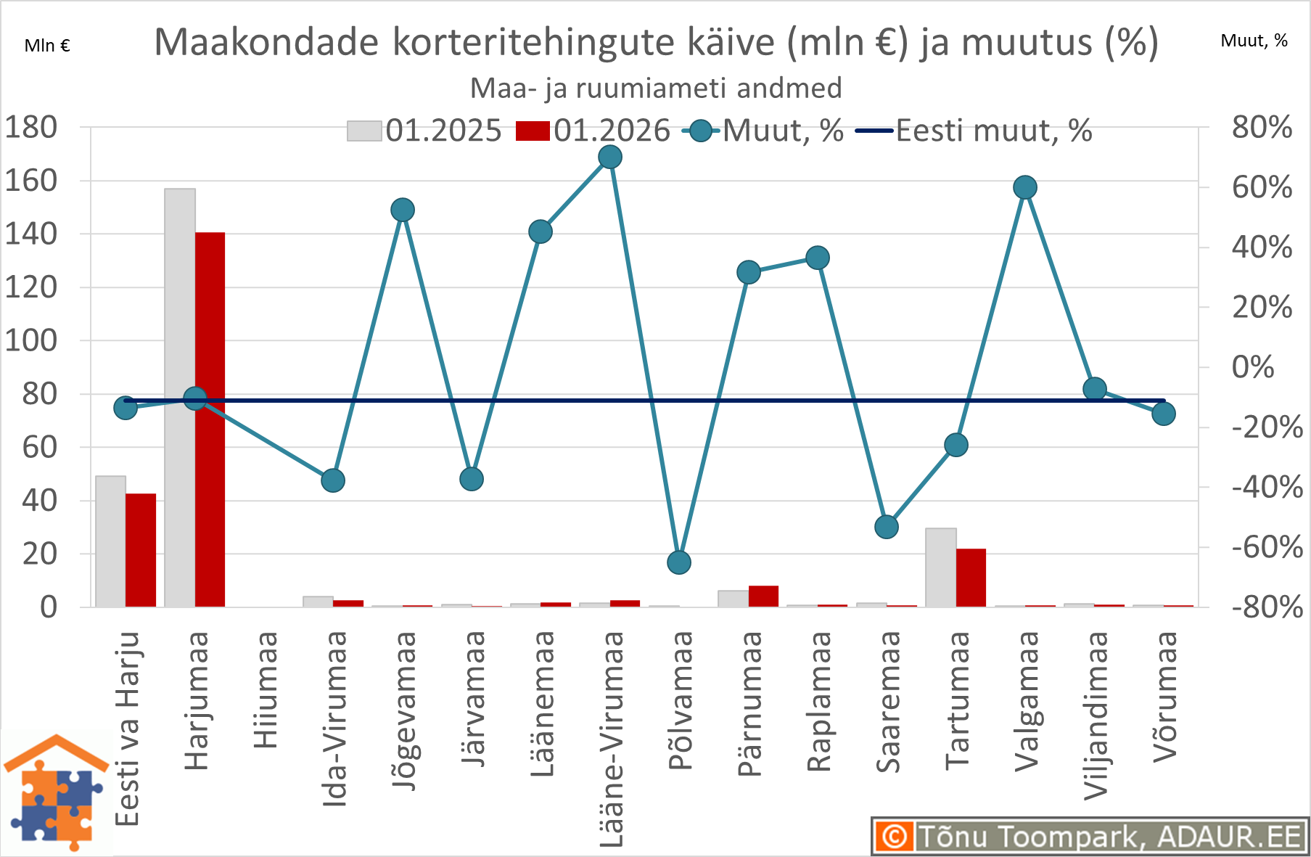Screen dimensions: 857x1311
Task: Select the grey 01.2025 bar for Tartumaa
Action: point(940,567)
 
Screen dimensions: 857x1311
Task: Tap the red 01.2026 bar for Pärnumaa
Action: point(763,596)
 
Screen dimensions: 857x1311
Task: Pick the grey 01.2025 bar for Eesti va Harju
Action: point(110,541)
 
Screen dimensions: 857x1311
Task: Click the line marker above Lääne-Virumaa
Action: point(610,157)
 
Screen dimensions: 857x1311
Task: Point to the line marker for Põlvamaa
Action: point(679,562)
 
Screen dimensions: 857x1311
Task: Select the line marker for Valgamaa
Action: point(1024,188)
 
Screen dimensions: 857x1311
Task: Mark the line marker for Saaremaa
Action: point(887,527)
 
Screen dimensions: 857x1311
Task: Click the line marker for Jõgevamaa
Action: point(403,210)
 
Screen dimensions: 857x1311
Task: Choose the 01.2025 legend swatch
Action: point(364,131)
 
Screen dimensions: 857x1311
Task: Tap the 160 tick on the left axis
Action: point(31,181)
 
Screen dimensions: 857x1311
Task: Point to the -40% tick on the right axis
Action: point(1267,487)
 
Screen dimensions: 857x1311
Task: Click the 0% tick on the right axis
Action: point(1253,367)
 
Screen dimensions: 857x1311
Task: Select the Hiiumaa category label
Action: point(266,689)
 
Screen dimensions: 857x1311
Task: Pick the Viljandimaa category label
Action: point(1096,715)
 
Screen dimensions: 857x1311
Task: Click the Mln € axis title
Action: point(47,46)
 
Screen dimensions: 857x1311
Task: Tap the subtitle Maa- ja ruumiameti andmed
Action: point(656,89)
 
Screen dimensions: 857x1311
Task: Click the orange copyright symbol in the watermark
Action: point(895,836)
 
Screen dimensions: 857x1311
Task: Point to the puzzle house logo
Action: point(57,792)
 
